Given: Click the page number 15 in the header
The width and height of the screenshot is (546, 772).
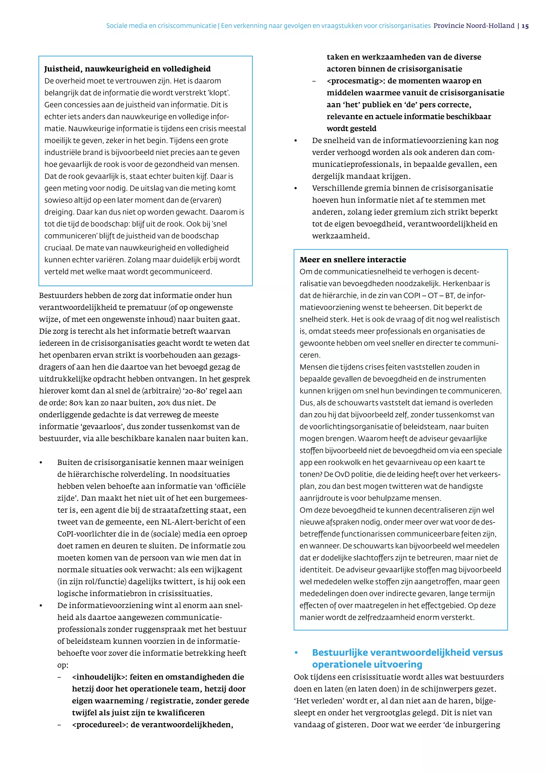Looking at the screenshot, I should pos(525,26).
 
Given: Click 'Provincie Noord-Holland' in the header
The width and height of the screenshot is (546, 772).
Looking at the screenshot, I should pos(474,26).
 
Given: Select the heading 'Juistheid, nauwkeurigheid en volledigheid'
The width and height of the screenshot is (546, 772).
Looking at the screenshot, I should pos(127,69).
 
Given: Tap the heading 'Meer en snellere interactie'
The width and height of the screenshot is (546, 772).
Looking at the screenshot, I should pos(353,260).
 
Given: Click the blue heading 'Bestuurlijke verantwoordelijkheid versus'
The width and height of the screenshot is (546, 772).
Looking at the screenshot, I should pos(407,652).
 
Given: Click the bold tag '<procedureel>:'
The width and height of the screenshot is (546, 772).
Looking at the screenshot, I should pos(100,725).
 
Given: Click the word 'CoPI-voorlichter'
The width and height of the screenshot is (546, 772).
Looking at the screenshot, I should pos(85,534).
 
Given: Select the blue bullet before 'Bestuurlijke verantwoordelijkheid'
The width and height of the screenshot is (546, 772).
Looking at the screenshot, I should pos(296,653).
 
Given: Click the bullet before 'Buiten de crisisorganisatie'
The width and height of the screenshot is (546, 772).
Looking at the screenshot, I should pos(41,463).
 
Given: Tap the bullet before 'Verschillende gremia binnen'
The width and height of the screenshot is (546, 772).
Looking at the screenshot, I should pos(296,188).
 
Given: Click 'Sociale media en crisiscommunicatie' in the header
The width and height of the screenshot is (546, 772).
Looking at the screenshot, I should pos(161,26).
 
